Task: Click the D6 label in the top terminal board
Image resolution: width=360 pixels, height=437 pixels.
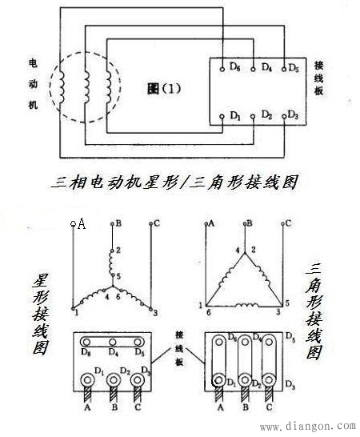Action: [x=235, y=66]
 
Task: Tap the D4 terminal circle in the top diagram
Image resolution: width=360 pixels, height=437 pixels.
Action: [x=253, y=69]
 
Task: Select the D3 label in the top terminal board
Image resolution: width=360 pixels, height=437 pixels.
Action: [x=293, y=114]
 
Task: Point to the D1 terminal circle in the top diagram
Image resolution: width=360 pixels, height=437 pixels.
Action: [x=222, y=117]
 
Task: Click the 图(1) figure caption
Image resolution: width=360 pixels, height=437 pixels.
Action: [x=164, y=89]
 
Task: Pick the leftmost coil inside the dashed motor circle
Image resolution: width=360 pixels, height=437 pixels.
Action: [x=62, y=87]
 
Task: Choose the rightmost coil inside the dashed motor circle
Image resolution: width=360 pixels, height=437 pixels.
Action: [x=109, y=87]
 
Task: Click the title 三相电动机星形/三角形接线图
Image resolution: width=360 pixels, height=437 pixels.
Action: [x=174, y=182]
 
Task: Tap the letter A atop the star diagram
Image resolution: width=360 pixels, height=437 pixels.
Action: [x=82, y=223]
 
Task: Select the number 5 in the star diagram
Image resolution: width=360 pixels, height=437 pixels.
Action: [x=118, y=276]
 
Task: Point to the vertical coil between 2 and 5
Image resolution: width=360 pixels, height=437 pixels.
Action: [x=111, y=263]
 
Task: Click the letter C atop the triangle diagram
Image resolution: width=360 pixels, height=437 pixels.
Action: [x=288, y=223]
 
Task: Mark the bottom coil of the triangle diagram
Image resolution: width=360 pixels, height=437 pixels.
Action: [x=247, y=305]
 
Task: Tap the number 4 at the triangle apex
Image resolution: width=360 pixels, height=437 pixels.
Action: [x=238, y=250]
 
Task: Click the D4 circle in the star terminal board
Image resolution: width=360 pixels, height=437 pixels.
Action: [x=112, y=342]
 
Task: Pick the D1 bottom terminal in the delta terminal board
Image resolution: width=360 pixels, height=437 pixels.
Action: [x=218, y=380]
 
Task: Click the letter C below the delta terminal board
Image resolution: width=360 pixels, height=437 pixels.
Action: [x=269, y=407]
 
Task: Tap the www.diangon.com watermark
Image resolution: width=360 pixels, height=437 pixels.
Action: [x=308, y=426]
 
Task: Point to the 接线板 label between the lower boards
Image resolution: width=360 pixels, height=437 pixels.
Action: [x=179, y=349]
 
